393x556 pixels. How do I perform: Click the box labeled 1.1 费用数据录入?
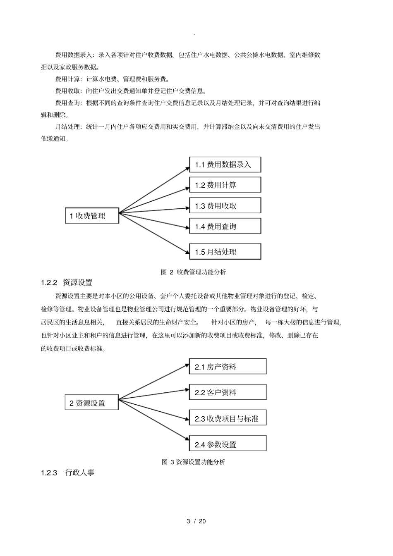pos(225,165)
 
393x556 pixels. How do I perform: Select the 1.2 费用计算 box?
pos(225,185)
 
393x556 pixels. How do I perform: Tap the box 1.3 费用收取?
pos(225,205)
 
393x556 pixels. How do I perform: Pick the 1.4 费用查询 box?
pos(225,226)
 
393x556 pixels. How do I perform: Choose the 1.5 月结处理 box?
pos(225,251)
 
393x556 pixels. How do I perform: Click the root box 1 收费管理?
pos(92,216)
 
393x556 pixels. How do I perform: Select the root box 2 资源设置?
pos(91,403)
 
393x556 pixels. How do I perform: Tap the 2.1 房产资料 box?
pos(228,366)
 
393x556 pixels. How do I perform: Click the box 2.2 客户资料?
pos(228,392)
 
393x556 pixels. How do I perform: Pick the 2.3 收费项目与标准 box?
pos(228,418)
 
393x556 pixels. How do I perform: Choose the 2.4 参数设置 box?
pos(228,444)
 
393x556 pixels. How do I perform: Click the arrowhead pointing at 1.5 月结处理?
pos(187,251)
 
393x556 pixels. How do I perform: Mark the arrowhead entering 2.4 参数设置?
pos(186,440)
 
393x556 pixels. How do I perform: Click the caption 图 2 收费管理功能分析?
pos(193,272)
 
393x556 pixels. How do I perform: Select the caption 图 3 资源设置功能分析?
pos(193,462)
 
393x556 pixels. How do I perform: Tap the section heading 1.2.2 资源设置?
pos(67,283)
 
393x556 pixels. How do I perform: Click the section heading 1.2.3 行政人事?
pos(68,472)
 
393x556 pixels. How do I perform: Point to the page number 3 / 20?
pos(196,521)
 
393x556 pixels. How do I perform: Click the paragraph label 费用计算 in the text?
pos(67,79)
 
